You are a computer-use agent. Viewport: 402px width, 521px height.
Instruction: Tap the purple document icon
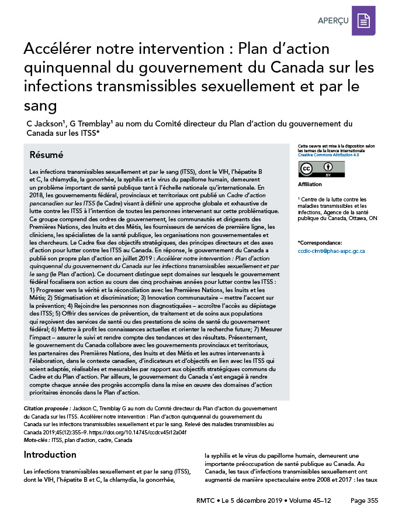364,20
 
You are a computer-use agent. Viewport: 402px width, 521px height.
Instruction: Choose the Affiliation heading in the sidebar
310,184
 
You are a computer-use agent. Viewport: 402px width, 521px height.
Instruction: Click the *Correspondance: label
320,242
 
